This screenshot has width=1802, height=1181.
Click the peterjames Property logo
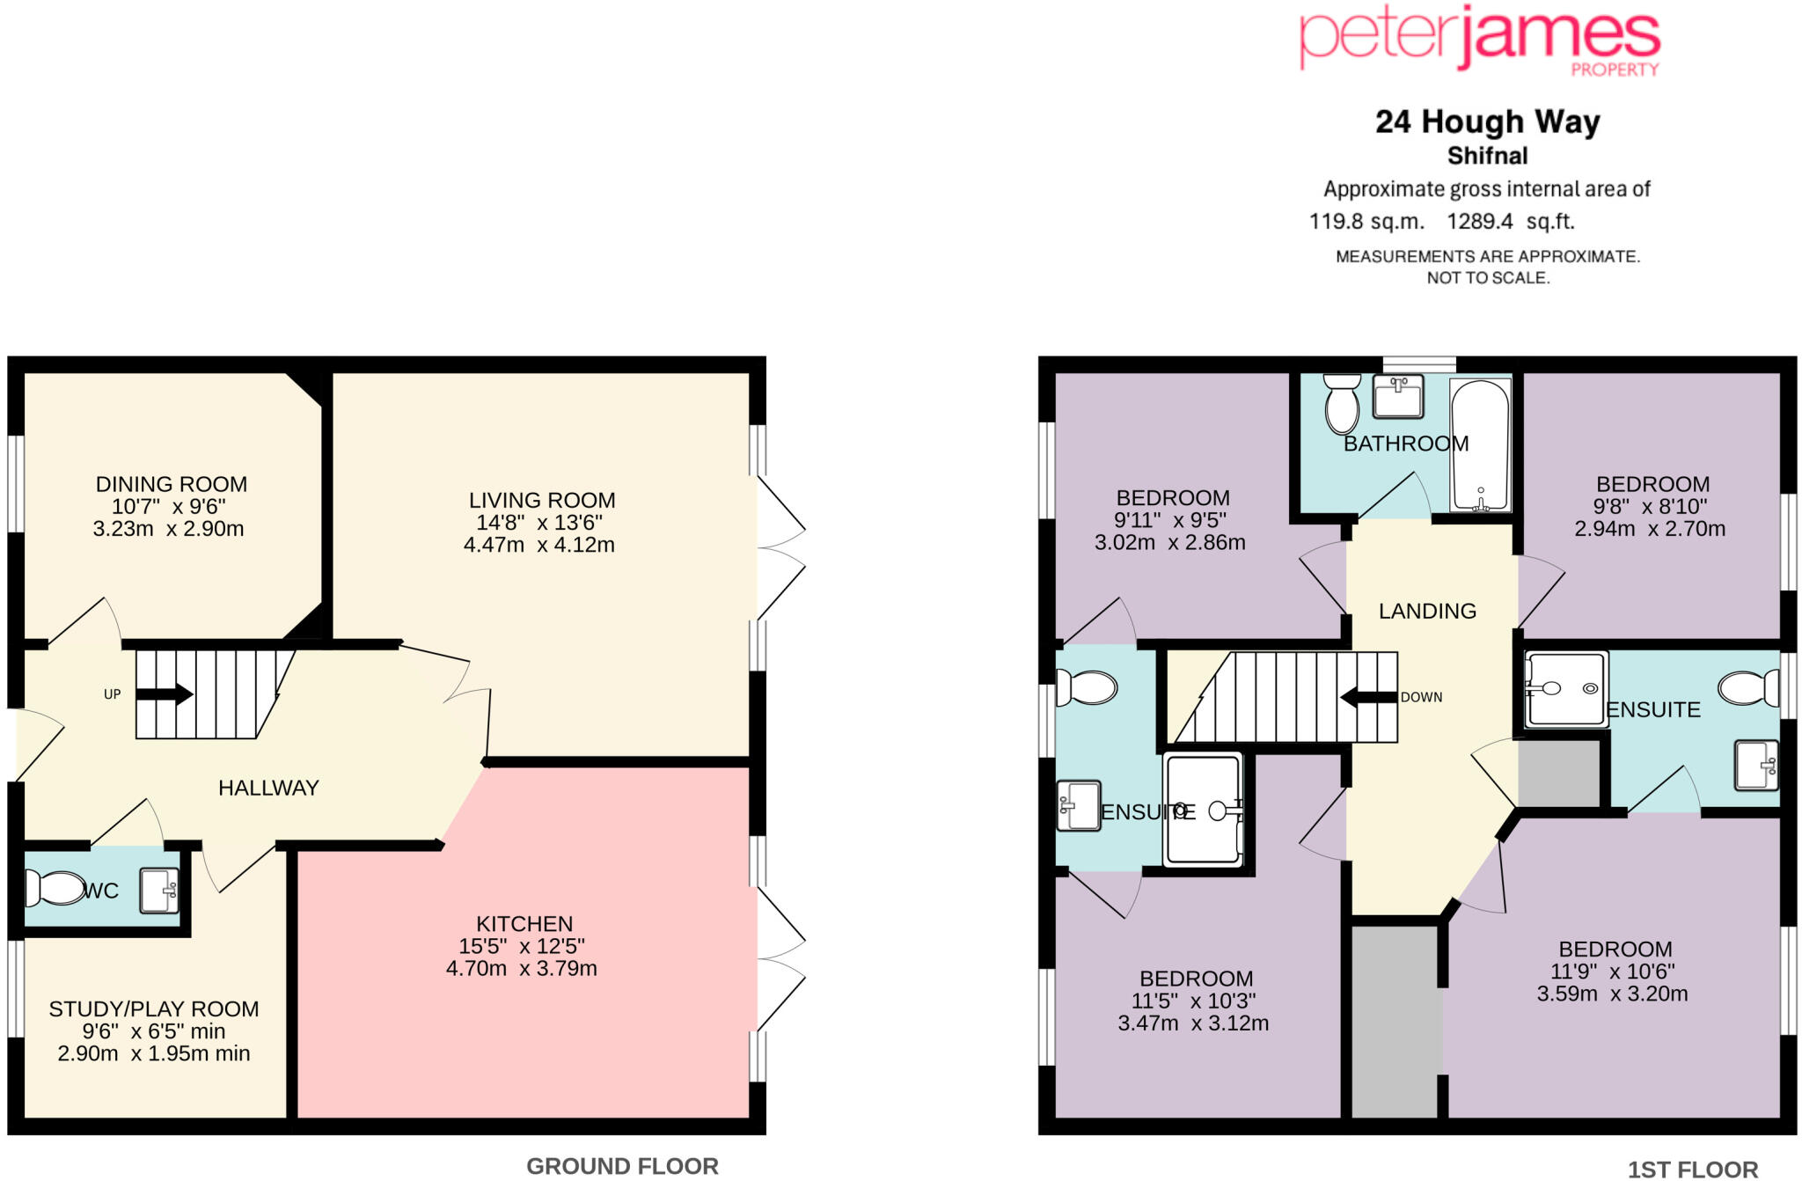click(x=1479, y=40)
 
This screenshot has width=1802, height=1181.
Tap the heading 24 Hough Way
click(x=1487, y=121)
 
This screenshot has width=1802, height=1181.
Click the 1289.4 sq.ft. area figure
click(x=1510, y=221)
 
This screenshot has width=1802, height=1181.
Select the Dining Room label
click(x=172, y=484)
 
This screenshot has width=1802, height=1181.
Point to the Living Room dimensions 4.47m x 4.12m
click(x=539, y=545)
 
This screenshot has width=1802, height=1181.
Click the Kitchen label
click(x=524, y=923)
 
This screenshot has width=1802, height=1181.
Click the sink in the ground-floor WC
click(x=159, y=890)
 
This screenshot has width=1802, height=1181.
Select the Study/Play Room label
click(x=154, y=1009)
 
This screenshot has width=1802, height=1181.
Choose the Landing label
click(x=1427, y=611)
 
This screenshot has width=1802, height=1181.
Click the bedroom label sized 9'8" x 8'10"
click(x=1652, y=484)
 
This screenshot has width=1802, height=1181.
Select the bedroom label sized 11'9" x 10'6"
click(x=1615, y=950)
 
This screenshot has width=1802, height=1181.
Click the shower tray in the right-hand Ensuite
click(x=1565, y=689)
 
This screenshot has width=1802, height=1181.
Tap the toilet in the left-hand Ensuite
click(x=1088, y=687)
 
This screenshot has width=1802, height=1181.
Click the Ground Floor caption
click(x=622, y=1166)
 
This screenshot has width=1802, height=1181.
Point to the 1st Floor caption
click(x=1692, y=1169)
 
